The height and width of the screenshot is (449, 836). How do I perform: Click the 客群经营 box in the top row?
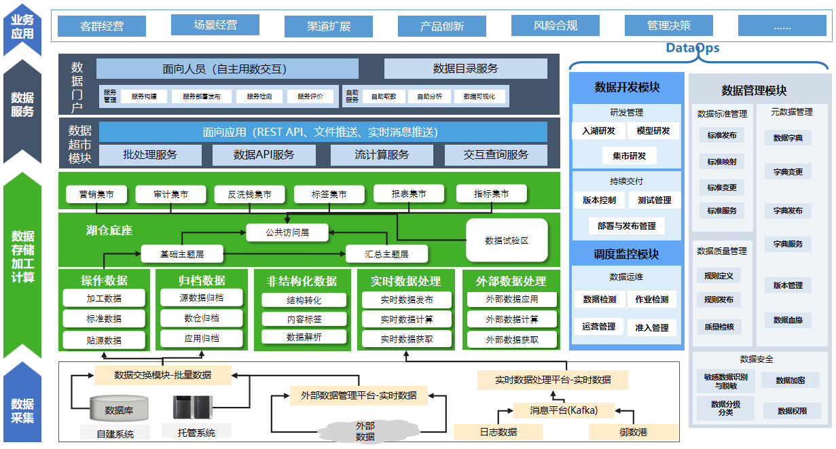(102, 26)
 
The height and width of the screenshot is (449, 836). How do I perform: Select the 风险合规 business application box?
(556, 26)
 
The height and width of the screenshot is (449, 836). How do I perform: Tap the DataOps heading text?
(692, 48)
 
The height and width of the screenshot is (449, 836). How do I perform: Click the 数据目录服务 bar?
(465, 69)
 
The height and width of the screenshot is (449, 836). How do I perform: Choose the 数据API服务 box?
(264, 155)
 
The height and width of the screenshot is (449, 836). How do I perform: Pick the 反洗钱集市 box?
(243, 194)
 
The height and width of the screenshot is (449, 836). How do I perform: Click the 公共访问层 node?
(287, 232)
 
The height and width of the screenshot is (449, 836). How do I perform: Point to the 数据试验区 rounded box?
(507, 240)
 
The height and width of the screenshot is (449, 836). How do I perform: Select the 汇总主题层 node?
(386, 254)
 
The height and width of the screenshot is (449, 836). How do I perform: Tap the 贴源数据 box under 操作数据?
(104, 340)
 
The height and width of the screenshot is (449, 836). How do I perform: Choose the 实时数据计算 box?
(407, 319)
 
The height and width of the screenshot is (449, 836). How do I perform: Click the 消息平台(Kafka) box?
(564, 410)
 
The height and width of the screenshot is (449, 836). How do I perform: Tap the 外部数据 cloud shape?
(365, 431)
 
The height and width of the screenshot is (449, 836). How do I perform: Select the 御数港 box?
(633, 431)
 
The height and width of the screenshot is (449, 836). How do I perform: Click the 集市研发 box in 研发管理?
(630, 156)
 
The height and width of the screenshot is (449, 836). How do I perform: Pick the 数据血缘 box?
(788, 320)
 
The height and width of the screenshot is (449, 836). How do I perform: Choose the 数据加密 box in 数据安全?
(790, 380)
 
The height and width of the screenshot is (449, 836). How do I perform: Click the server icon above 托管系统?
(192, 407)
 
